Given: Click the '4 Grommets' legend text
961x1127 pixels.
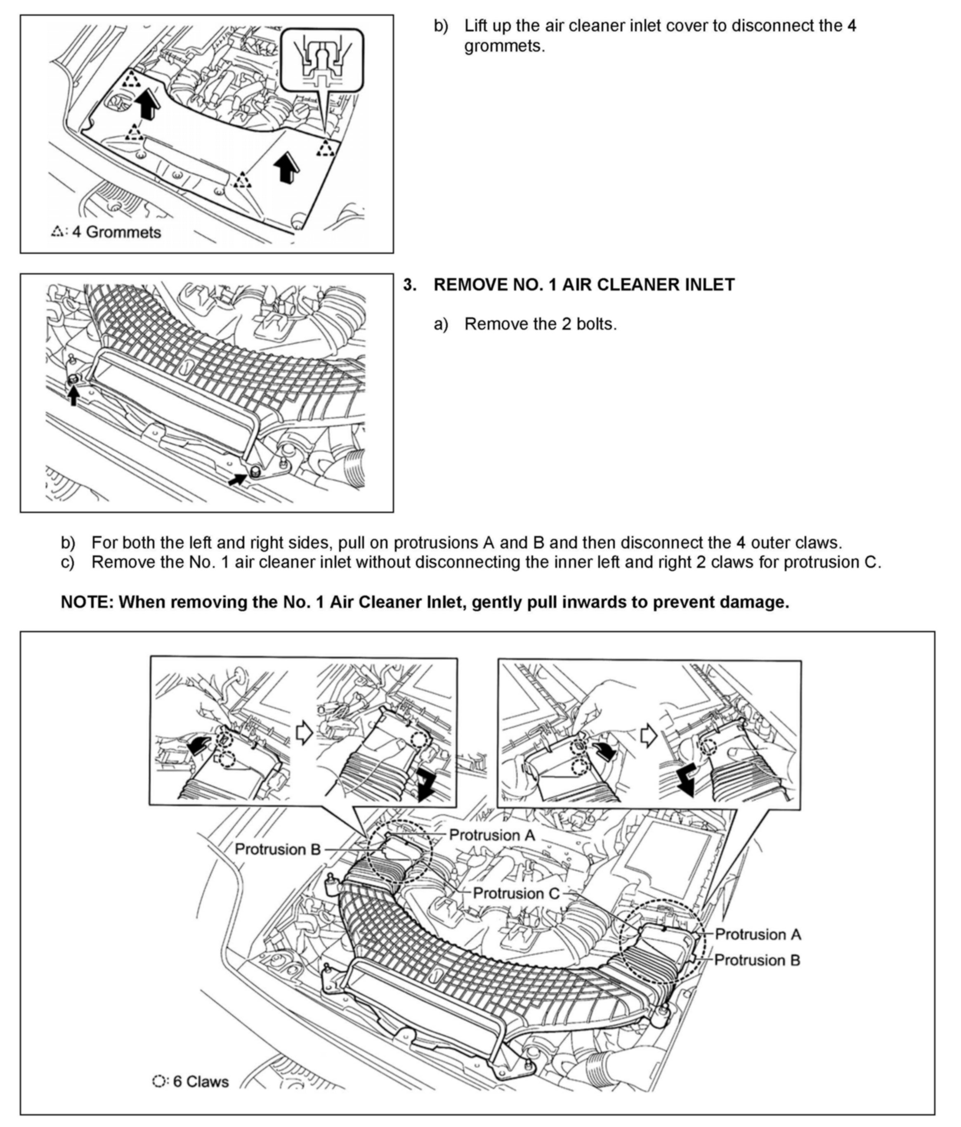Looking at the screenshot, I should [x=116, y=232].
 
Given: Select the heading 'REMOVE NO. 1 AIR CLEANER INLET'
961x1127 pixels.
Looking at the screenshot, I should [x=583, y=284].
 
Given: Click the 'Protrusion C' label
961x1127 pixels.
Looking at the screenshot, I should [x=516, y=893].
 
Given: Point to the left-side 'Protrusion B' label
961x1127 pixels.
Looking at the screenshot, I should [x=277, y=849].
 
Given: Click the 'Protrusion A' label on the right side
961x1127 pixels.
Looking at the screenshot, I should [x=758, y=934].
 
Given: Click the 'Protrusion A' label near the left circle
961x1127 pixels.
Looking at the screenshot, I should [x=492, y=835].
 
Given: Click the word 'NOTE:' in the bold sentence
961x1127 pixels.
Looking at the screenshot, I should [x=87, y=602].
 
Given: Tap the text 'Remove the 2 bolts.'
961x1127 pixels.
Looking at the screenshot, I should [x=540, y=324].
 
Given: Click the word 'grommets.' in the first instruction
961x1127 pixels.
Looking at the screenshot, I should [x=504, y=46].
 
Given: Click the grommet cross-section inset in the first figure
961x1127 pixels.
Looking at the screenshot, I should [x=321, y=60].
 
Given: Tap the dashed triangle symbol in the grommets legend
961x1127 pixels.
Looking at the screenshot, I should [x=57, y=232].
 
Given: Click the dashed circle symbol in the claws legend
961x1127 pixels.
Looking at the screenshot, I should [x=159, y=1081].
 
